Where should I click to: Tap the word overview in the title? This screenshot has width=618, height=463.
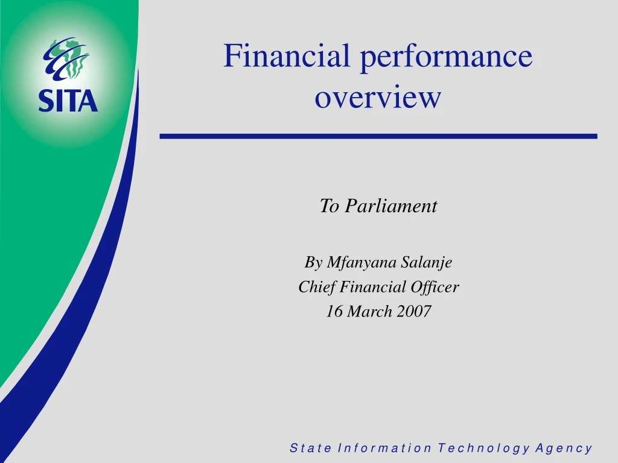click(378, 97)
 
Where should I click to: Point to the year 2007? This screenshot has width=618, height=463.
click(414, 312)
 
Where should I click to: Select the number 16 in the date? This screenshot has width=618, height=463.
click(334, 312)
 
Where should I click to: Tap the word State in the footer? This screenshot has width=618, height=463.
click(311, 448)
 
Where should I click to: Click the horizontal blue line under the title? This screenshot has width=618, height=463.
click(378, 137)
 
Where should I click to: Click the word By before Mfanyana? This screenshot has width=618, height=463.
click(313, 263)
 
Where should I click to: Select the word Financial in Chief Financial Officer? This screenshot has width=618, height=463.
click(371, 287)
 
